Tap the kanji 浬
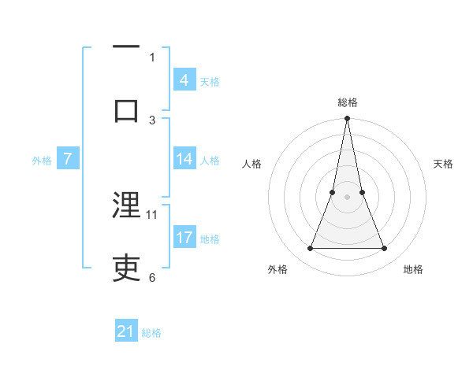click(x=127, y=206)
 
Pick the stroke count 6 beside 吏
click(x=151, y=277)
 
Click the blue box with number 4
click(x=184, y=80)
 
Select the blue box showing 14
click(x=184, y=159)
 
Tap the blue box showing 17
click(x=184, y=237)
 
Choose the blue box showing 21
click(x=126, y=331)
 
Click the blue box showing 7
click(x=68, y=159)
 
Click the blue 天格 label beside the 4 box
click(x=210, y=82)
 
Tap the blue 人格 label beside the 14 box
click(x=210, y=161)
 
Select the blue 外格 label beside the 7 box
click(x=42, y=161)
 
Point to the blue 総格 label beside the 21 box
click(x=151, y=333)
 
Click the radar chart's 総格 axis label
click(x=348, y=102)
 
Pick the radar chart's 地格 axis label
click(x=413, y=269)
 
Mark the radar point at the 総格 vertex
click(x=348, y=119)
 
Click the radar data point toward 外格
click(x=310, y=249)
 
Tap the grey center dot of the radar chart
click(x=348, y=197)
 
